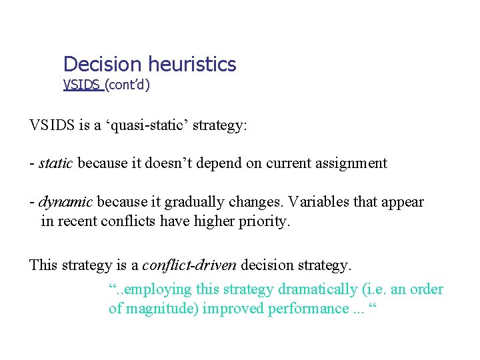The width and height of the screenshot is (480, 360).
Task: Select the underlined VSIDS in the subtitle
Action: click(81, 85)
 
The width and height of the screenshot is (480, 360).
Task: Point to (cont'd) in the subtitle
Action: click(127, 85)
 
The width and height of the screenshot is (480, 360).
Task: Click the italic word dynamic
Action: click(65, 202)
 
